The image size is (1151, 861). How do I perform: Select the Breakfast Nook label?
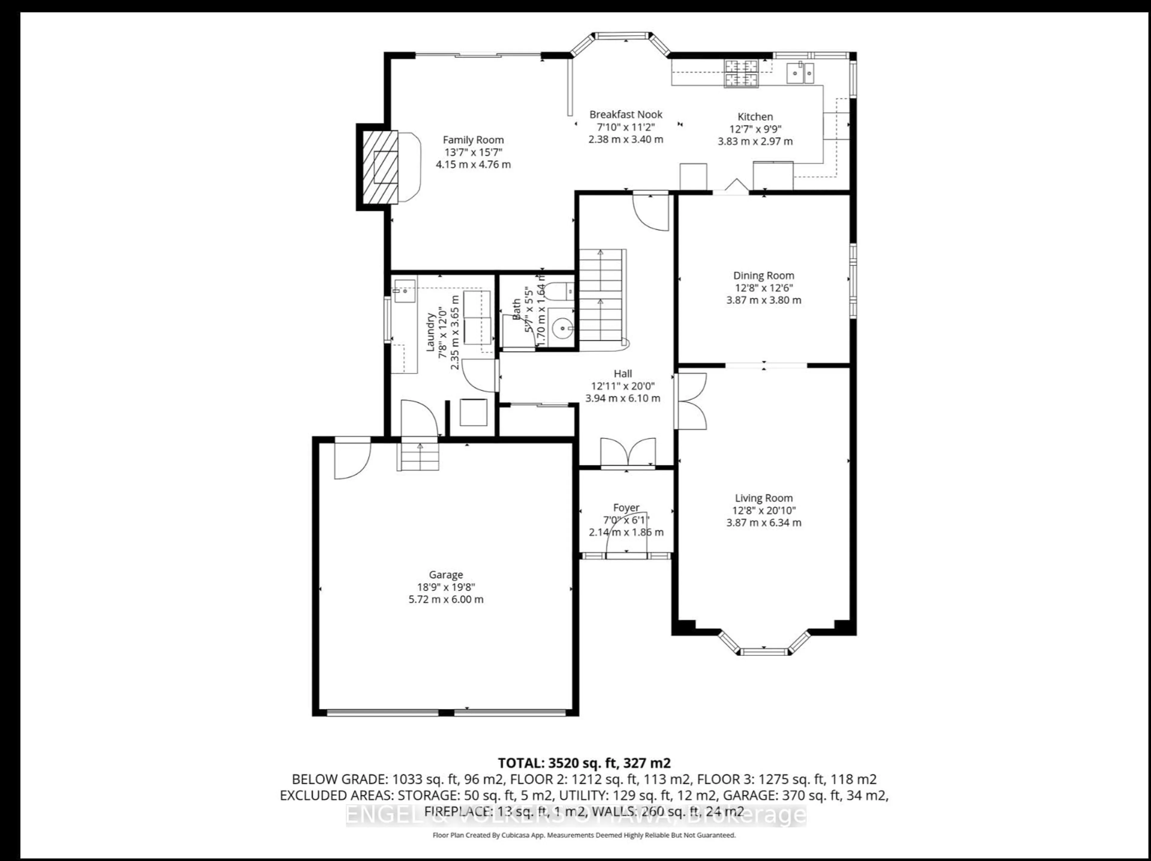626,115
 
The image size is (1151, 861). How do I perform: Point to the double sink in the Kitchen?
800,73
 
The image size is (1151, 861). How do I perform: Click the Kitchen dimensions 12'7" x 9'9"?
755,129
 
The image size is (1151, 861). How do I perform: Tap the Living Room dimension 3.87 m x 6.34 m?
763,523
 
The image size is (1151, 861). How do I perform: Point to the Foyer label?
626,507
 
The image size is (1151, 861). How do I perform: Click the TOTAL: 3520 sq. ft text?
584,763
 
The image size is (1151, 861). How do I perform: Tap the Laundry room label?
431,332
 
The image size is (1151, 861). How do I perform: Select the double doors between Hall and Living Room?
691,401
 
